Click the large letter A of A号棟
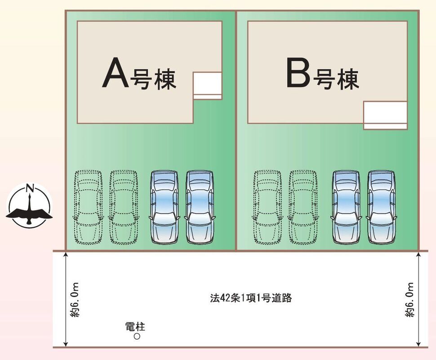click(x=116, y=73)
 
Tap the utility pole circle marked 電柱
click(x=137, y=336)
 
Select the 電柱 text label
click(x=135, y=327)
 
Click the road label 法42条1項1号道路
click(x=251, y=298)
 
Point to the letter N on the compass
click(x=30, y=189)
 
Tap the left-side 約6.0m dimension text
click(x=75, y=300)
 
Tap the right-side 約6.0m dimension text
click(x=409, y=300)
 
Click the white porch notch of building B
click(x=385, y=115)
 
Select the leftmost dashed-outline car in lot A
click(x=88, y=207)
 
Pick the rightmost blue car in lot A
click(x=200, y=207)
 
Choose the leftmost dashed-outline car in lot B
click(x=267, y=207)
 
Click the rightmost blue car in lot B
click(x=381, y=207)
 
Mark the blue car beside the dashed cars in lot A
click(x=165, y=207)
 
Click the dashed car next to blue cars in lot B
click(x=303, y=207)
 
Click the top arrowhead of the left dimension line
click(x=66, y=254)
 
